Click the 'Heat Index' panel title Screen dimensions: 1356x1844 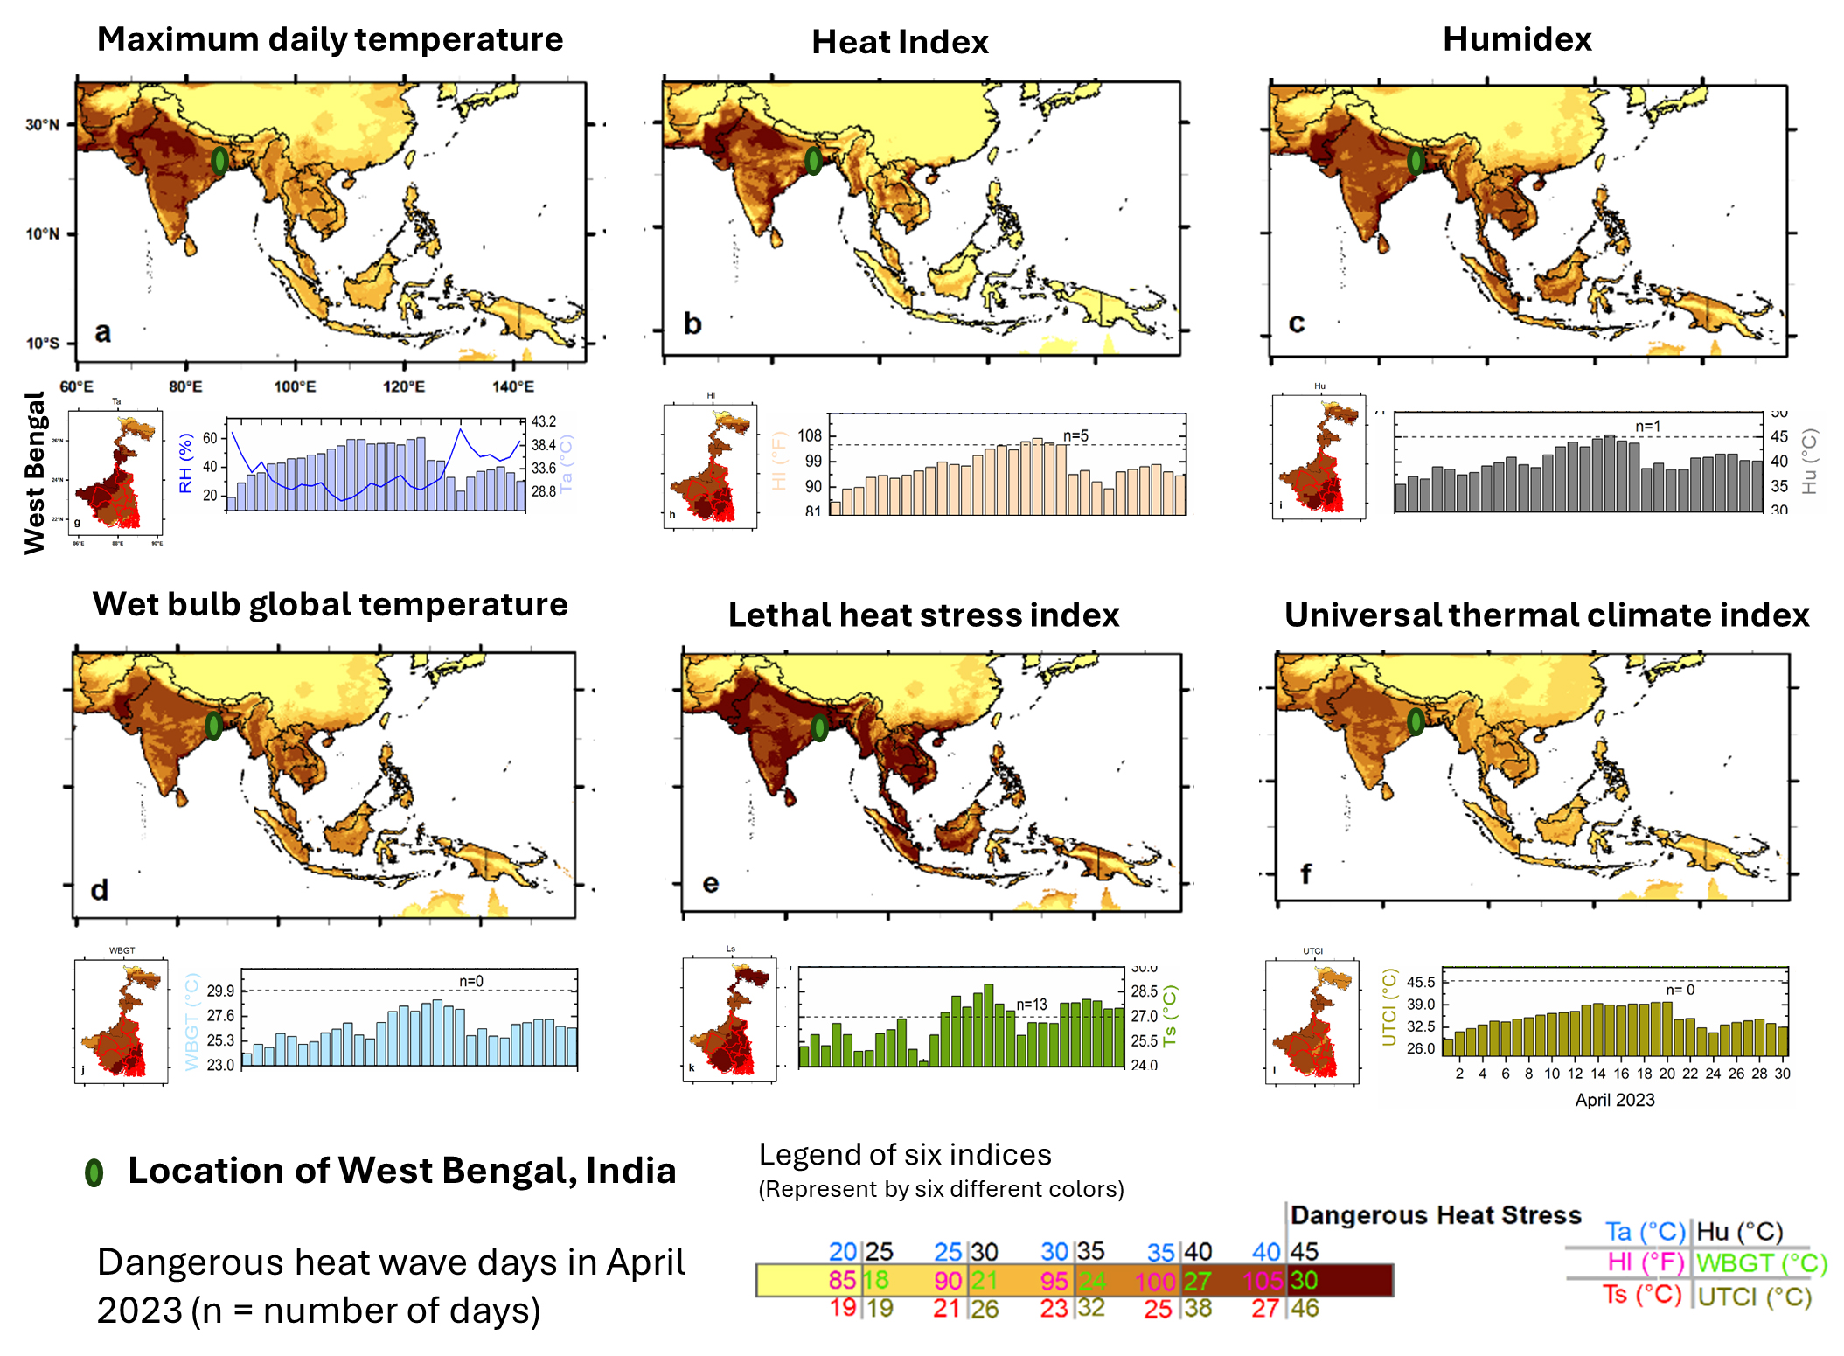[x=900, y=42]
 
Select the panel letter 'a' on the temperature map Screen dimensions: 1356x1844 [x=102, y=332]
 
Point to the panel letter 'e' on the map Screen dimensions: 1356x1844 [x=710, y=883]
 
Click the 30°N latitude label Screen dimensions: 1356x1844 [x=42, y=124]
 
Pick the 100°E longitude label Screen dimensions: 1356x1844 [x=295, y=386]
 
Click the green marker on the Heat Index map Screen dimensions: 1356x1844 [x=813, y=160]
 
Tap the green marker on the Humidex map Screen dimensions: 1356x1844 [x=1416, y=160]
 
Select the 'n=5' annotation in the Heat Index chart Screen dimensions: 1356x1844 [x=1075, y=435]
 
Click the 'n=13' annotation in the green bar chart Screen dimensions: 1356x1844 [x=1031, y=1005]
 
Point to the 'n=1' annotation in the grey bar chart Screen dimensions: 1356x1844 [x=1647, y=426]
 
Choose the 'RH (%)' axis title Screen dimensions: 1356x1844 [x=185, y=463]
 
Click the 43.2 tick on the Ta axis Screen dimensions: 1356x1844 [x=544, y=421]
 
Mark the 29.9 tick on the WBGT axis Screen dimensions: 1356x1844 [x=220, y=991]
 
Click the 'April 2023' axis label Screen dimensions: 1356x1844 [x=1614, y=1100]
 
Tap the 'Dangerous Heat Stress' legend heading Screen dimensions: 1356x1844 [x=1436, y=1215]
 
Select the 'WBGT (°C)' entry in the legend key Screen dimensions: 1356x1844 [x=1761, y=1263]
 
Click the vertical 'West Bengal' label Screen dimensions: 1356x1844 [x=34, y=473]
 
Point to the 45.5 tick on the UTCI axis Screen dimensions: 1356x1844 [x=1421, y=982]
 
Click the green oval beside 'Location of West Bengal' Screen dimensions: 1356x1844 [x=94, y=1172]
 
